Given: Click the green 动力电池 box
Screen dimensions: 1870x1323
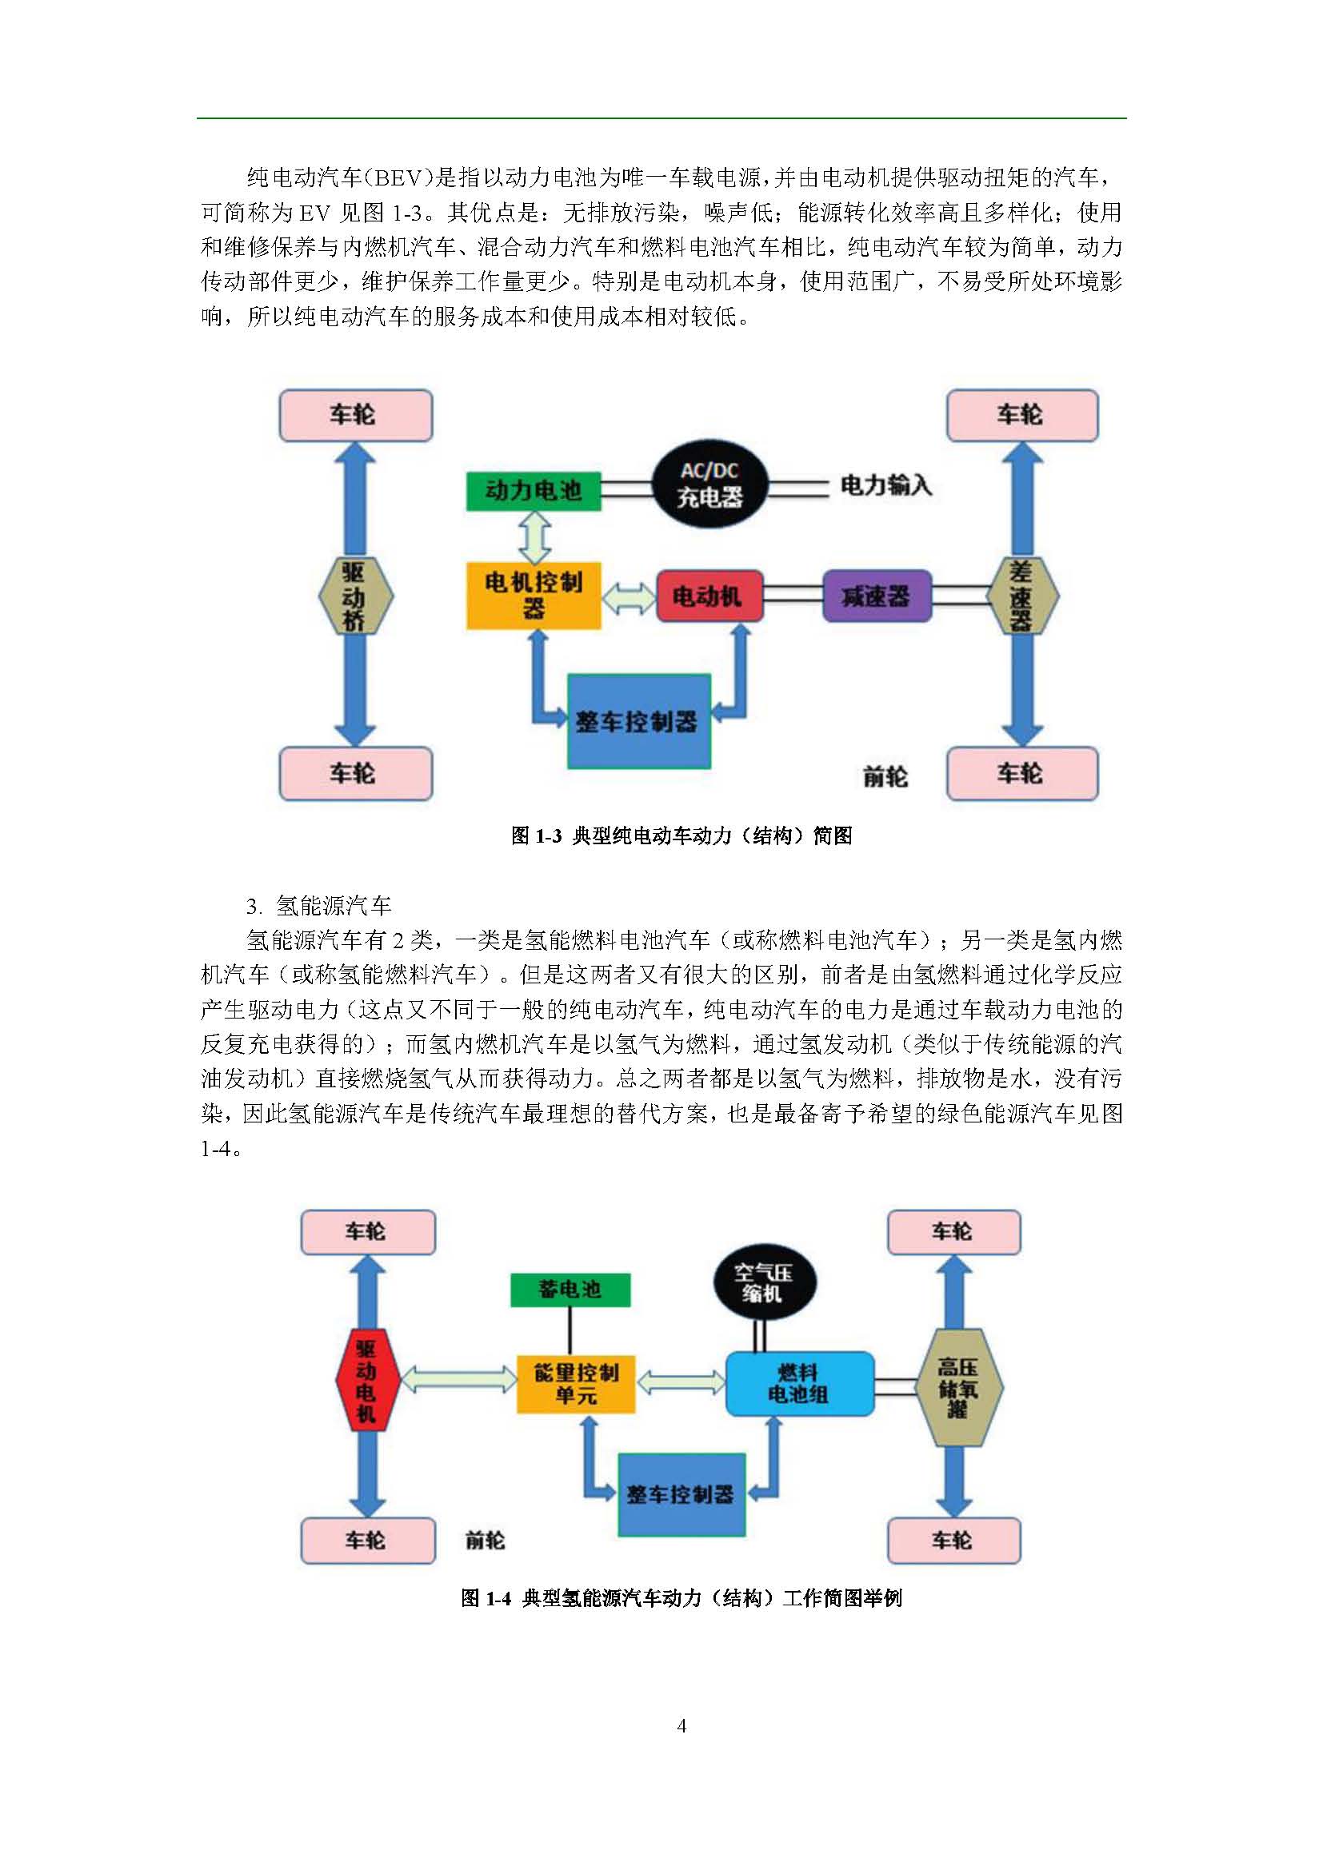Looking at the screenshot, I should click(534, 490).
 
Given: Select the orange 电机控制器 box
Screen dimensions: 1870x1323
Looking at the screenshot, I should click(534, 596).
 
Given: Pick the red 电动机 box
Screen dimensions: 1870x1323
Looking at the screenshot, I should click(709, 596).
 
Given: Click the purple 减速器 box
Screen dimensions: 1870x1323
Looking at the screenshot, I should click(877, 596).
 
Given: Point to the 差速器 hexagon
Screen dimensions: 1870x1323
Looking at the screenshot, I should click(1021, 596).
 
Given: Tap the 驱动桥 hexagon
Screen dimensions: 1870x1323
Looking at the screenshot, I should click(355, 596).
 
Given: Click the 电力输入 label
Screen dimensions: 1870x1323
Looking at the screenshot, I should click(885, 486).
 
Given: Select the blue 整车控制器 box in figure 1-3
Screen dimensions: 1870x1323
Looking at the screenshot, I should click(638, 721).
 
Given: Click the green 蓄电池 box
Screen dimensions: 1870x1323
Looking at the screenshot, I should click(570, 1290).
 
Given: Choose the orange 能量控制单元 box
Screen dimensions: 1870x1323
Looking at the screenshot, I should click(576, 1384).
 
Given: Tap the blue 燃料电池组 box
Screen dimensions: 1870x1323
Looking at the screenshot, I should click(799, 1384).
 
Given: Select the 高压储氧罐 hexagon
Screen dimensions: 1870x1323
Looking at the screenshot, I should click(958, 1387).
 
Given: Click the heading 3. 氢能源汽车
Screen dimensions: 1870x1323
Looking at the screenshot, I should click(319, 906).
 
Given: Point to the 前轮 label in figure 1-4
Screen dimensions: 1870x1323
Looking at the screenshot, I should click(486, 1540).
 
